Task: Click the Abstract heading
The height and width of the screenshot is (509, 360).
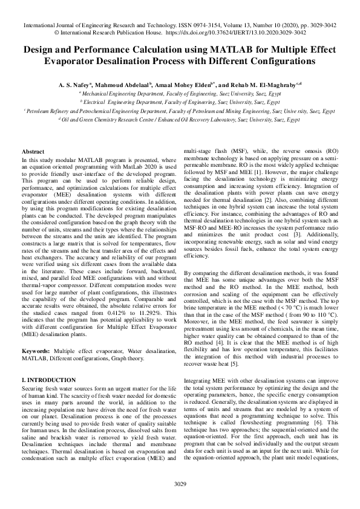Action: (33, 151)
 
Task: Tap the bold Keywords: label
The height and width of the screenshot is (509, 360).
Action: (36, 334)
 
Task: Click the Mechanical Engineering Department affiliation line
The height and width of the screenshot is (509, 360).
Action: (180, 94)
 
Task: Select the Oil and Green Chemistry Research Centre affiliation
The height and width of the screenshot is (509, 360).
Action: (180, 120)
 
